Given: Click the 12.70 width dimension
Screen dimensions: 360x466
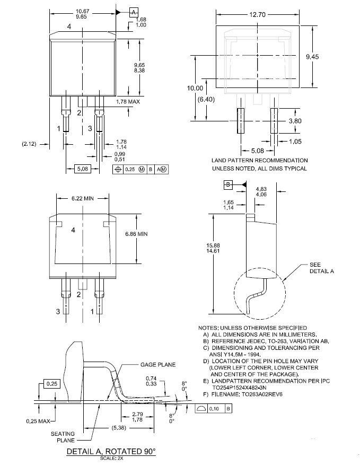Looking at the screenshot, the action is [x=257, y=14].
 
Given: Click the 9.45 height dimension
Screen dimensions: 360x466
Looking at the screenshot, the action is [x=312, y=57].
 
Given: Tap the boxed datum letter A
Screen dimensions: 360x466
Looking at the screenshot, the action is [x=134, y=13].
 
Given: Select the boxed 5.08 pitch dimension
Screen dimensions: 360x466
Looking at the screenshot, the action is [x=83, y=169].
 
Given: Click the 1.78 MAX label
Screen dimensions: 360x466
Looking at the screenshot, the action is [x=128, y=102].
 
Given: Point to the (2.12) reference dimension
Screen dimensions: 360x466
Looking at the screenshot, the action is [x=29, y=144].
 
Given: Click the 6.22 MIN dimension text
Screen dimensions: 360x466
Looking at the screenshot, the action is [x=82, y=198].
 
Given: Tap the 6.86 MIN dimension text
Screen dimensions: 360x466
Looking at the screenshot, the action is [x=136, y=234].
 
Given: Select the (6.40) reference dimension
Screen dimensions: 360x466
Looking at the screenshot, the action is [x=206, y=99].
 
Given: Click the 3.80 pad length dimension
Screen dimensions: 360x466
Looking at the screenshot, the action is [x=295, y=121].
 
